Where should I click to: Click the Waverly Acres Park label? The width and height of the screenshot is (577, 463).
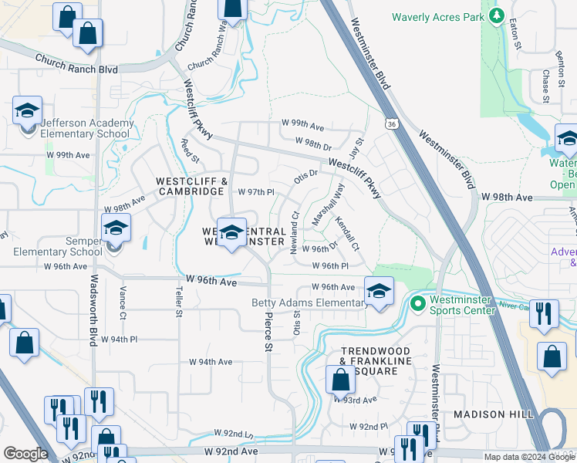tap(437, 17)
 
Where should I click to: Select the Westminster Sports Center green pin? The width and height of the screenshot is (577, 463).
tap(419, 303)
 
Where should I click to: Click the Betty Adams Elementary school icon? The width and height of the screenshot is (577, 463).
tap(379, 292)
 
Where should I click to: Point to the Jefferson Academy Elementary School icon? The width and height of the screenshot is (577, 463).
tap(27, 110)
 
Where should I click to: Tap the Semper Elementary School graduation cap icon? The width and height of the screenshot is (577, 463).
tap(116, 228)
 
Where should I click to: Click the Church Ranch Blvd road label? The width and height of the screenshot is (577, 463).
tap(75, 63)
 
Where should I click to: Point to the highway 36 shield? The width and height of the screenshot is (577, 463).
tap(391, 123)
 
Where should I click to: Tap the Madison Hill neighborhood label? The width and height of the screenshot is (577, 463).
tap(493, 414)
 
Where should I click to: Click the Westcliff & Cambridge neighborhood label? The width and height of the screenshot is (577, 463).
tap(192, 186)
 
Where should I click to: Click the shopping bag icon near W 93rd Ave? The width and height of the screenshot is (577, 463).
tap(339, 380)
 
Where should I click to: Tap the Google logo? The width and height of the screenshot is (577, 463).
tap(25, 454)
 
